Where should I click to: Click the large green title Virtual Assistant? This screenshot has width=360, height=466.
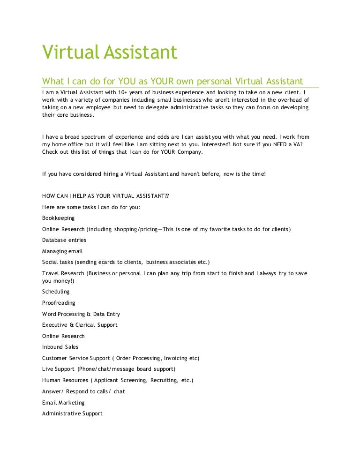(x=110, y=52)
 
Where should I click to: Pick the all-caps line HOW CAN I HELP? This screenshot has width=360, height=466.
(x=105, y=196)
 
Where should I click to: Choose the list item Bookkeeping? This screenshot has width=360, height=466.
(x=58, y=218)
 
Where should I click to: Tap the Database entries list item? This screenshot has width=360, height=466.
(x=64, y=240)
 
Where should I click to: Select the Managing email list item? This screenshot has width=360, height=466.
(x=62, y=251)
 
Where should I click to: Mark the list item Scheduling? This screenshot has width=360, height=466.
(x=56, y=292)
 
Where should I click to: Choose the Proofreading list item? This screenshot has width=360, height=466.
(x=59, y=303)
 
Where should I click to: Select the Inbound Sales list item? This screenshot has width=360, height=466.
(x=60, y=347)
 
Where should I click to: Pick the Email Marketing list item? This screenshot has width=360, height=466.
(x=63, y=403)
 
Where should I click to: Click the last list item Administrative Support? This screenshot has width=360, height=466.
(x=72, y=413)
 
